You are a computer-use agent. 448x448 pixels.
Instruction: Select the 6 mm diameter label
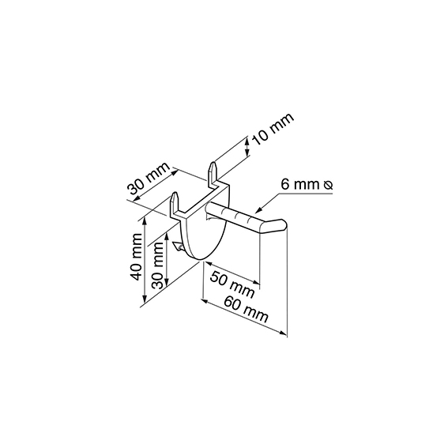(307, 185)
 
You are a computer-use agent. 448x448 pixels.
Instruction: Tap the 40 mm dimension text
(136, 257)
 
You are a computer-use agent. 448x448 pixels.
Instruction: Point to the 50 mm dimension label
(232, 284)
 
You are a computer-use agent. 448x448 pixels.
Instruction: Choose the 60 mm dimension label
(246, 309)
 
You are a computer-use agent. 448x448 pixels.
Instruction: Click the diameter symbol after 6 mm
(328, 185)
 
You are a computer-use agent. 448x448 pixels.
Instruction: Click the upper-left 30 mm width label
(149, 179)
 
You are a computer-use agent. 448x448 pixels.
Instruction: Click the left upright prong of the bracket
(175, 202)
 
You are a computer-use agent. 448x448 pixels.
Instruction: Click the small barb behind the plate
(178, 247)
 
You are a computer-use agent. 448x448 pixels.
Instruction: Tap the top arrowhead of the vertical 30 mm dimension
(167, 237)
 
